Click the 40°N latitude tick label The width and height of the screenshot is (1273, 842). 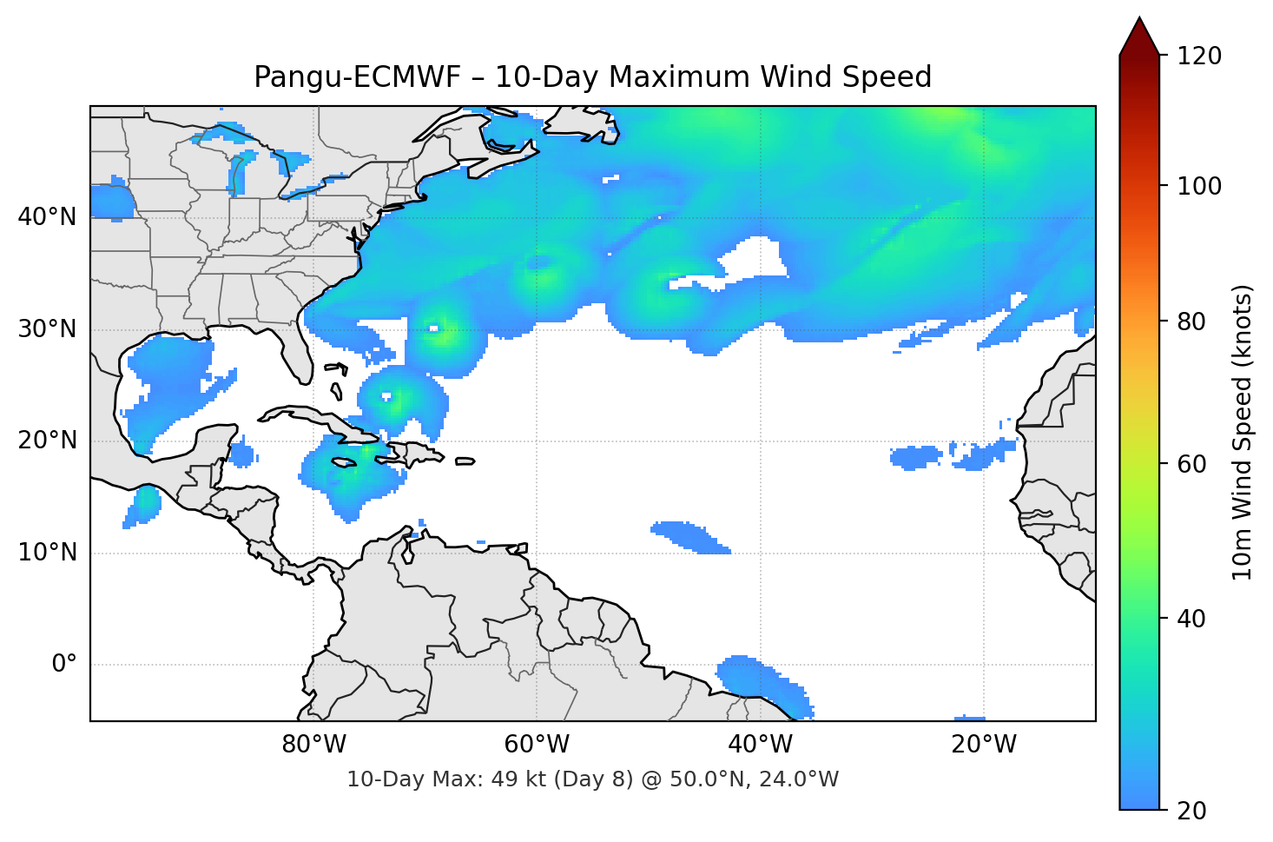47,217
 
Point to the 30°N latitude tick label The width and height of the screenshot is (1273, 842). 47,329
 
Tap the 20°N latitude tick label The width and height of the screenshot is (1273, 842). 47,441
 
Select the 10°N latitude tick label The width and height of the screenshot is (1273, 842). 47,553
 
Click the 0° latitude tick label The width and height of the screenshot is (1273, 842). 64,665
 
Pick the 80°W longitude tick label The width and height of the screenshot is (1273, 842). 313,745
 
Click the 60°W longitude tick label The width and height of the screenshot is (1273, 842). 537,745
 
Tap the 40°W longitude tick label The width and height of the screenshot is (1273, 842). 760,745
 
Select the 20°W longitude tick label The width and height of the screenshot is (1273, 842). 983,745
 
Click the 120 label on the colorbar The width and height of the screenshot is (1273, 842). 1199,56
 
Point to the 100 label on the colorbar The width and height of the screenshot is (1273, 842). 1199,186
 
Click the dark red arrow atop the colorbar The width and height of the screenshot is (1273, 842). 1139,38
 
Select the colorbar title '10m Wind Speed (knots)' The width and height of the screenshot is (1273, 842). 1243,433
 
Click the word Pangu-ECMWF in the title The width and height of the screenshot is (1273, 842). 357,77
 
